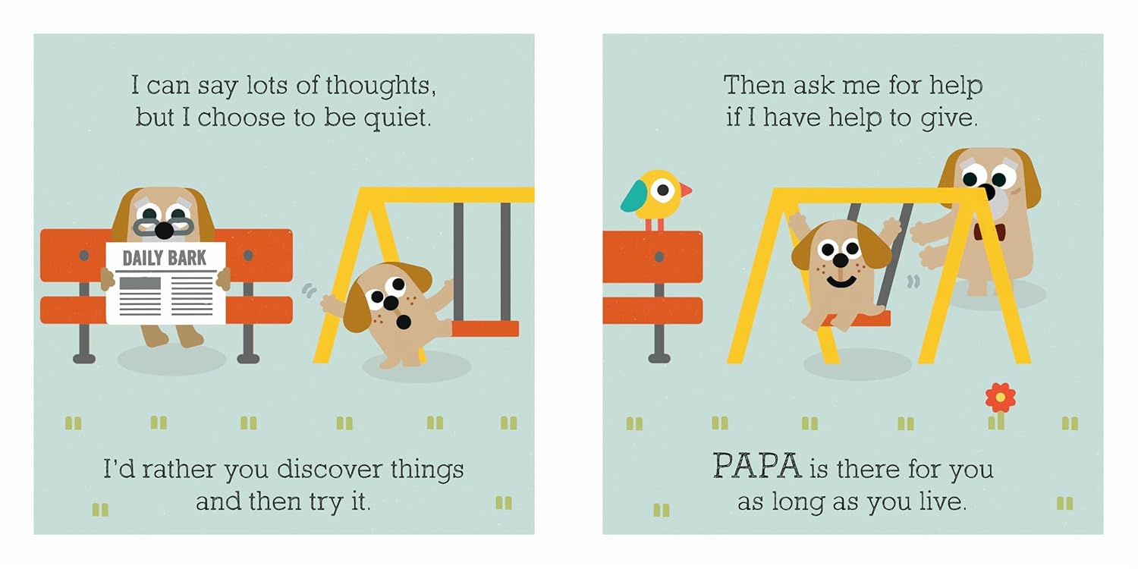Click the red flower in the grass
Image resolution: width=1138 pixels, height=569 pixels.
pos(1000,397)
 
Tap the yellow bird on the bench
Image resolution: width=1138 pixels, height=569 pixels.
pos(655,193)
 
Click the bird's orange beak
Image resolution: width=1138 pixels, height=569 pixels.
pos(685,190)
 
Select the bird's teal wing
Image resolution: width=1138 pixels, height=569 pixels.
pos(634,196)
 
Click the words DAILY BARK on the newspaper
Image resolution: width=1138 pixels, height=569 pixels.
pos(164,258)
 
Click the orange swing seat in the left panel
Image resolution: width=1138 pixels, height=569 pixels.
pos(484,329)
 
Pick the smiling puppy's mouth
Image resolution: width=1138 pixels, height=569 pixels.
pos(841,282)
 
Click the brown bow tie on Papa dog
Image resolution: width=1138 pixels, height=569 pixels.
pos(984,231)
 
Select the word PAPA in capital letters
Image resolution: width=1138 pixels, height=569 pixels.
pos(756,467)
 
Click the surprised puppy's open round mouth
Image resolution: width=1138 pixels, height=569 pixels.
pos(404,322)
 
